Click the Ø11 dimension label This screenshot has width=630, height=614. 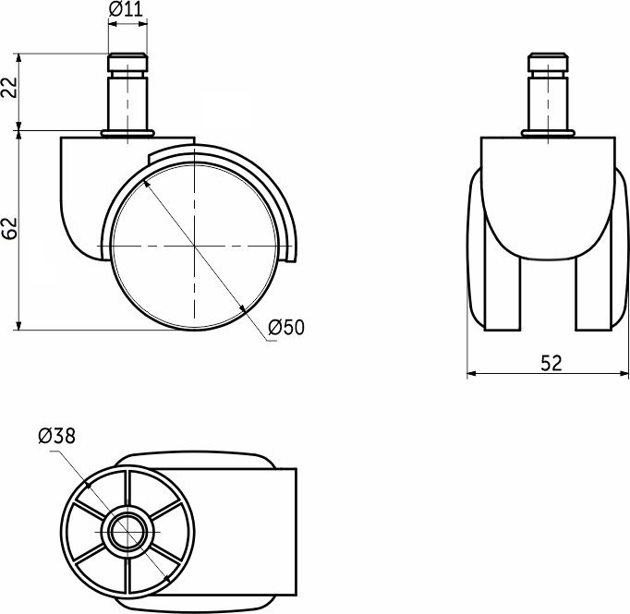coord(126,9)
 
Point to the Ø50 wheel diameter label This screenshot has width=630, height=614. coord(286,327)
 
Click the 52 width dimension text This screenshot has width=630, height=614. coord(551,363)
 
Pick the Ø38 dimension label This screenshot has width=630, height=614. coord(56,436)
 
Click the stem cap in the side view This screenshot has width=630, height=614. coord(127,62)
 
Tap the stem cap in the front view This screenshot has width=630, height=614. coord(548,62)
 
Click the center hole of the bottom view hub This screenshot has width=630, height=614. coord(127,532)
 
